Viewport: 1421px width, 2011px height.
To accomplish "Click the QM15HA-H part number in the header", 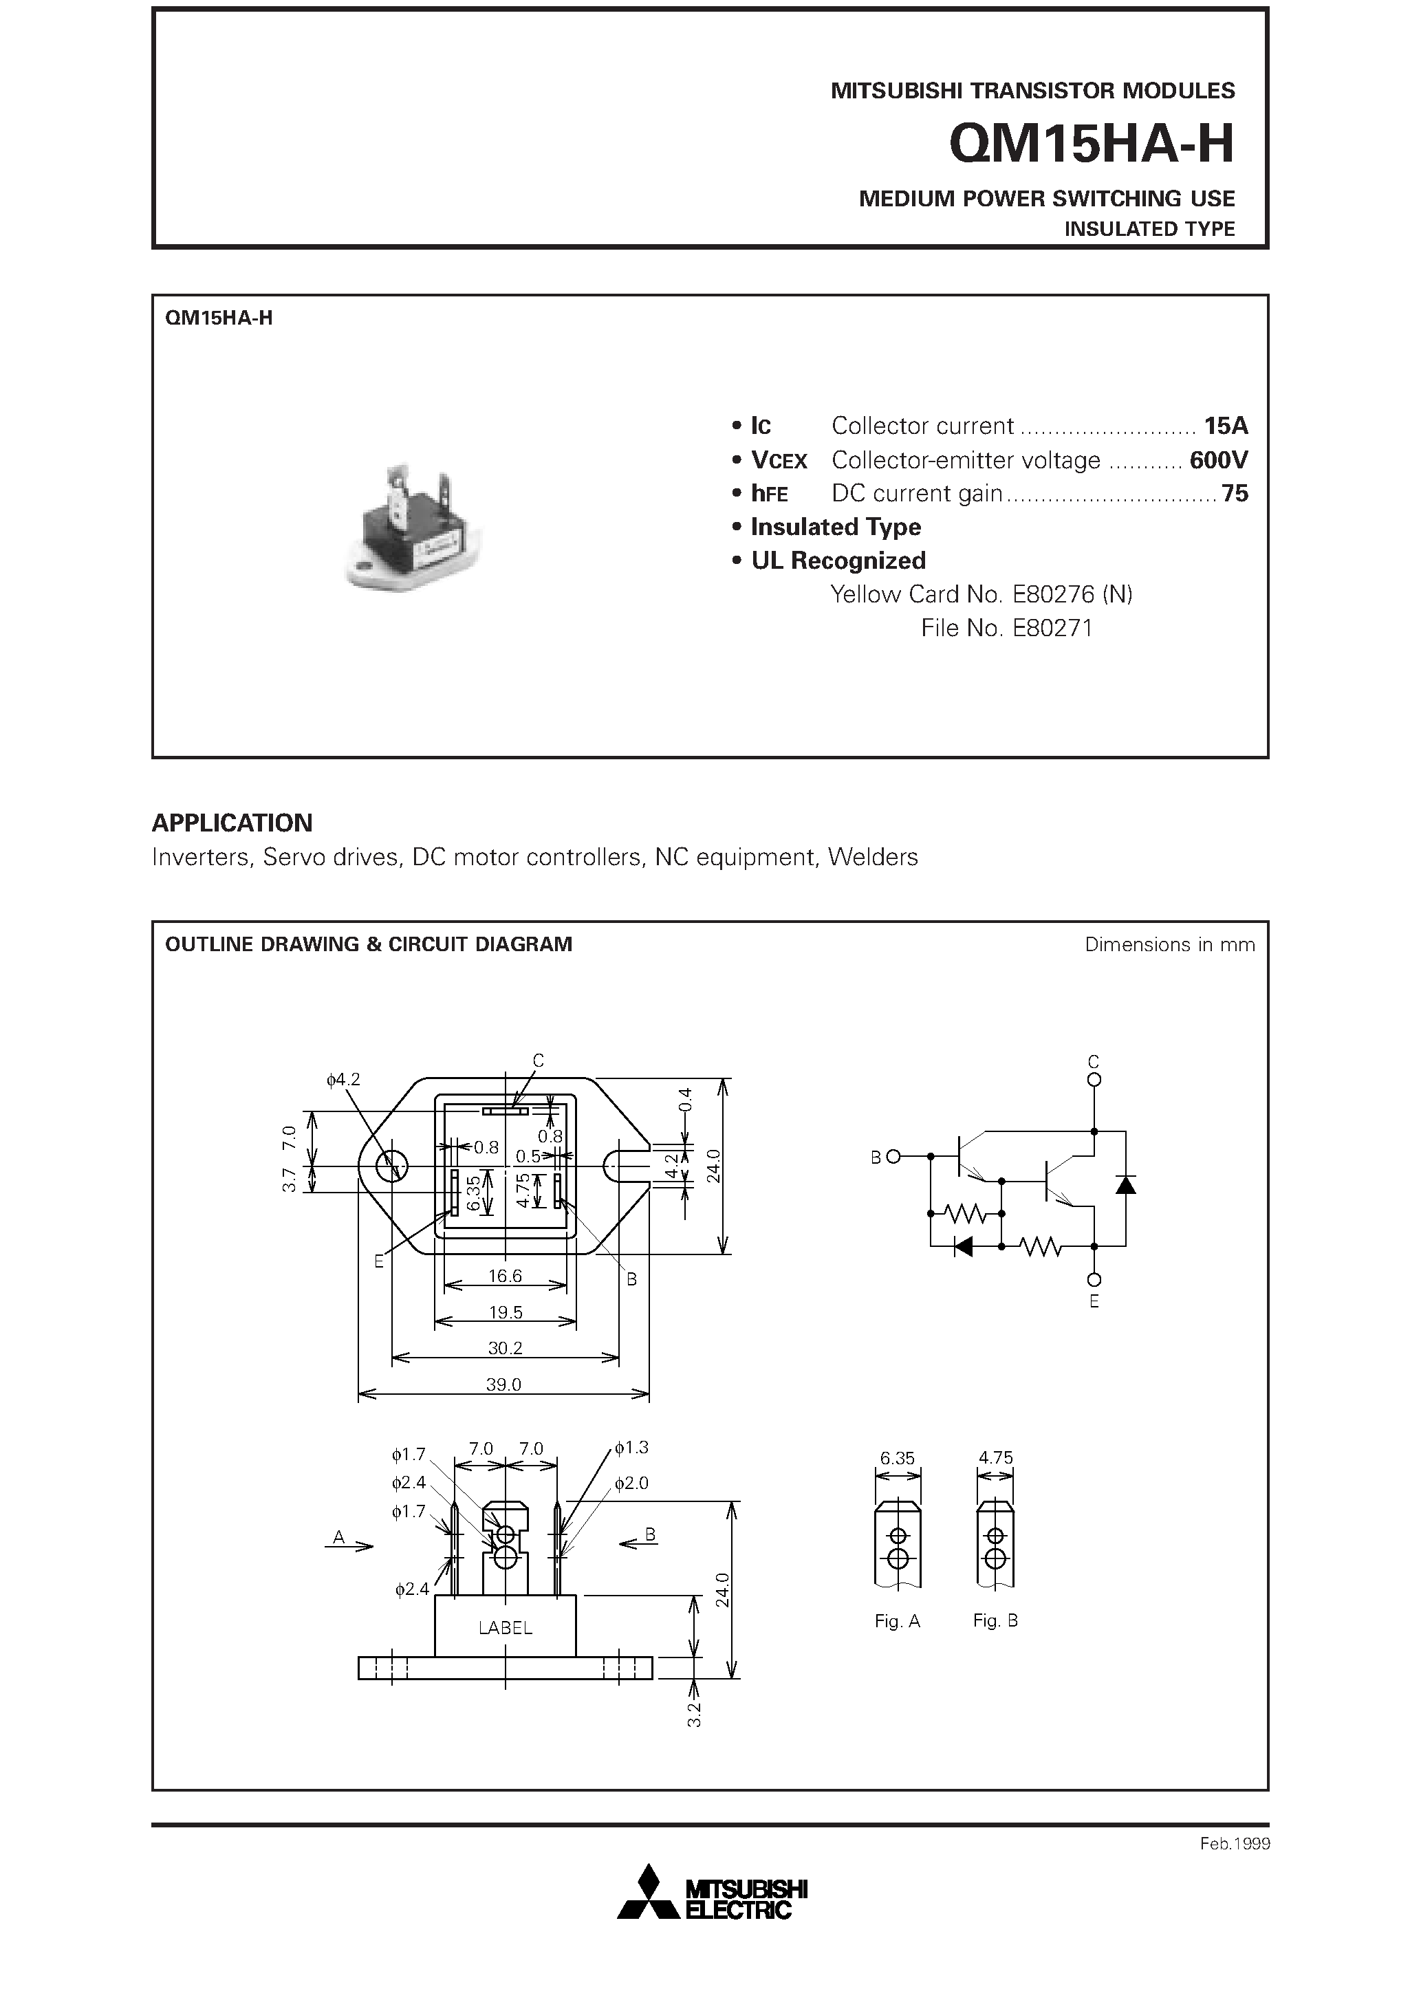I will click(x=1091, y=144).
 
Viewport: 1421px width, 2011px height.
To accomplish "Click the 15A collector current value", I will click(x=1225, y=426).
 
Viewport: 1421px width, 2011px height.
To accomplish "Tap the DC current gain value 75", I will click(x=1235, y=494).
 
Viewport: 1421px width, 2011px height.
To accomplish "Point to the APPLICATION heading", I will click(x=232, y=823).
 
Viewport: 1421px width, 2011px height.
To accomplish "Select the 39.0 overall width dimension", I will click(x=503, y=1384).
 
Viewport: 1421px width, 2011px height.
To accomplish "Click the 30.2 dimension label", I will click(x=506, y=1348).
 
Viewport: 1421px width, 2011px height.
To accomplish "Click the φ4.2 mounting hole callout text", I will click(x=343, y=1080).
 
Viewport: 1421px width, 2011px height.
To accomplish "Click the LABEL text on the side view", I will click(x=506, y=1628).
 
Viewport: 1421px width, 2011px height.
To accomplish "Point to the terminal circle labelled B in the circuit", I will click(x=893, y=1157).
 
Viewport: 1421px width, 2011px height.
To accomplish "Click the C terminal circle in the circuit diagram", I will click(x=1094, y=1080).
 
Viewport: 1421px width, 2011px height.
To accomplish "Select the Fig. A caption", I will click(x=897, y=1621).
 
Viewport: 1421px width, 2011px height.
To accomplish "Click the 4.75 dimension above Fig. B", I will click(x=995, y=1458).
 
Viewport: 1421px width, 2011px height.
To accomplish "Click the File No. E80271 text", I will click(x=1007, y=628).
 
